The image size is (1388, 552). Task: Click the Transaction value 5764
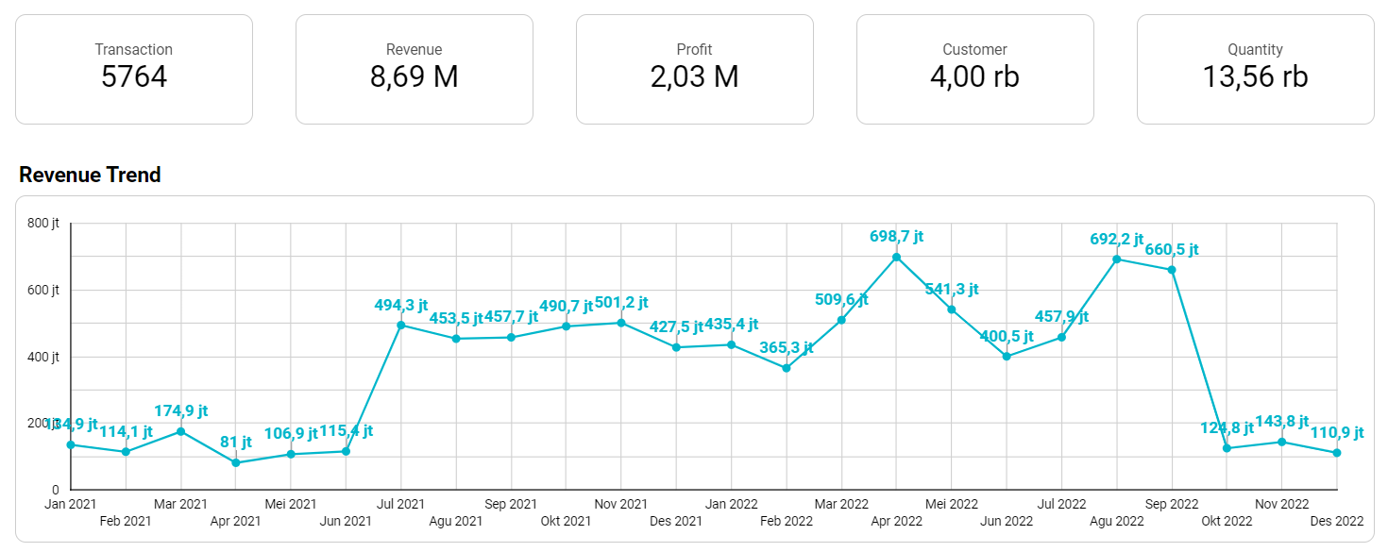[134, 77]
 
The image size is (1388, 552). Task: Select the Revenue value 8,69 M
[414, 77]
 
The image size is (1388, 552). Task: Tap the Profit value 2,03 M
[694, 77]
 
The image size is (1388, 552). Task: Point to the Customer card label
[974, 49]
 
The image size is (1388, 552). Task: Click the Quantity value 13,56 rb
[1255, 77]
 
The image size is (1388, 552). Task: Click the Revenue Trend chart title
[90, 175]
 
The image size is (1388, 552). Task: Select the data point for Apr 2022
[896, 257]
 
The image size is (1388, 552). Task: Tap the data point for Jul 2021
[400, 326]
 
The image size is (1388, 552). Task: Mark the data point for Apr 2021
[235, 462]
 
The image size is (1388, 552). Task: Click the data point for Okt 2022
[1227, 448]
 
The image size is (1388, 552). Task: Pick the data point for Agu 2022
[1117, 259]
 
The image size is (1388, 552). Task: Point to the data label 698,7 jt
[896, 236]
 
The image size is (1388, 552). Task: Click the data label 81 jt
[235, 442]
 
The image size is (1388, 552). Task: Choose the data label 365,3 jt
[786, 347]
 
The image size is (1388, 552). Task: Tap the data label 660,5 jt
[1171, 250]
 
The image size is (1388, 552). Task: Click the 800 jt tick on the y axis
[43, 224]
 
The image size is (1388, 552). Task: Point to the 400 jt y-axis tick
[43, 357]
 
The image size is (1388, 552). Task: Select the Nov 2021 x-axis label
[620, 504]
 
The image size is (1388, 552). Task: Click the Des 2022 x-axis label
[1336, 521]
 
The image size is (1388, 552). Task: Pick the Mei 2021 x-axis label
[290, 504]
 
